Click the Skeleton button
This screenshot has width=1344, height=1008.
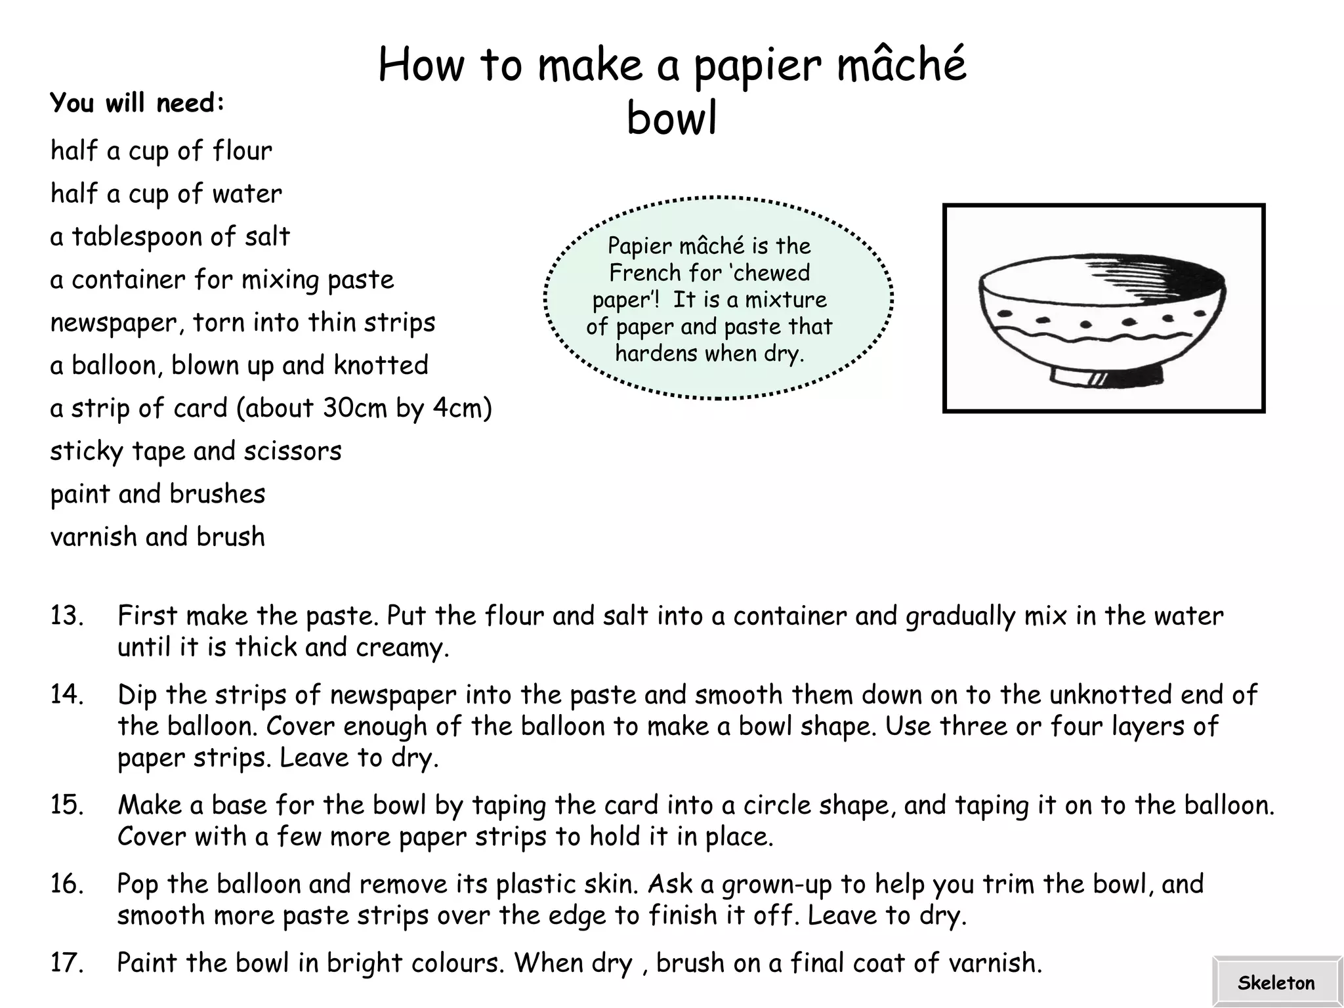click(1276, 982)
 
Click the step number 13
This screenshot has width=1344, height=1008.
click(67, 616)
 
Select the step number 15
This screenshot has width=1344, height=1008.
click(67, 805)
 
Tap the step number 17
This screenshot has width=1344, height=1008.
click(67, 963)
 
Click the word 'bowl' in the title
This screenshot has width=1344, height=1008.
click(671, 118)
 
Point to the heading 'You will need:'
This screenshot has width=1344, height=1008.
click(137, 103)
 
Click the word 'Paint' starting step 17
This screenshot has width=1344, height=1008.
click(147, 963)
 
